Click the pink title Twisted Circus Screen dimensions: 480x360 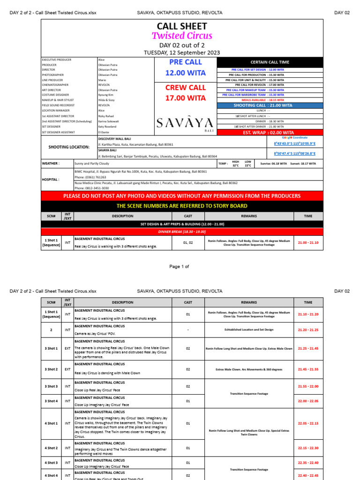(182, 36)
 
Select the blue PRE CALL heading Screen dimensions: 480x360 (186, 62)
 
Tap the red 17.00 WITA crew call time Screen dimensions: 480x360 (186, 98)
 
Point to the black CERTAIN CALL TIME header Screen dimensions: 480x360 (270, 62)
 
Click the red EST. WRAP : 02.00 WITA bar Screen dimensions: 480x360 (270, 133)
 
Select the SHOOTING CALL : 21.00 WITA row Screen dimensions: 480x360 (270, 105)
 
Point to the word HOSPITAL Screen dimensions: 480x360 (51, 179)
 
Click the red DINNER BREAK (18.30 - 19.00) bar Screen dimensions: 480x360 (182, 232)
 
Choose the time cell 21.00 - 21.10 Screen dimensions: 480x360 (307, 242)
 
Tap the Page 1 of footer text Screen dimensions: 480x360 (179, 267)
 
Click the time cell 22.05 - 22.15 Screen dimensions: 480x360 (307, 423)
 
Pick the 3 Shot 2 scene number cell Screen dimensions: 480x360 (51, 369)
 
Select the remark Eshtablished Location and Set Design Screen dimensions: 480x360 (249, 330)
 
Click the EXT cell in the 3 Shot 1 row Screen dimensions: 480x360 (67, 349)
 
